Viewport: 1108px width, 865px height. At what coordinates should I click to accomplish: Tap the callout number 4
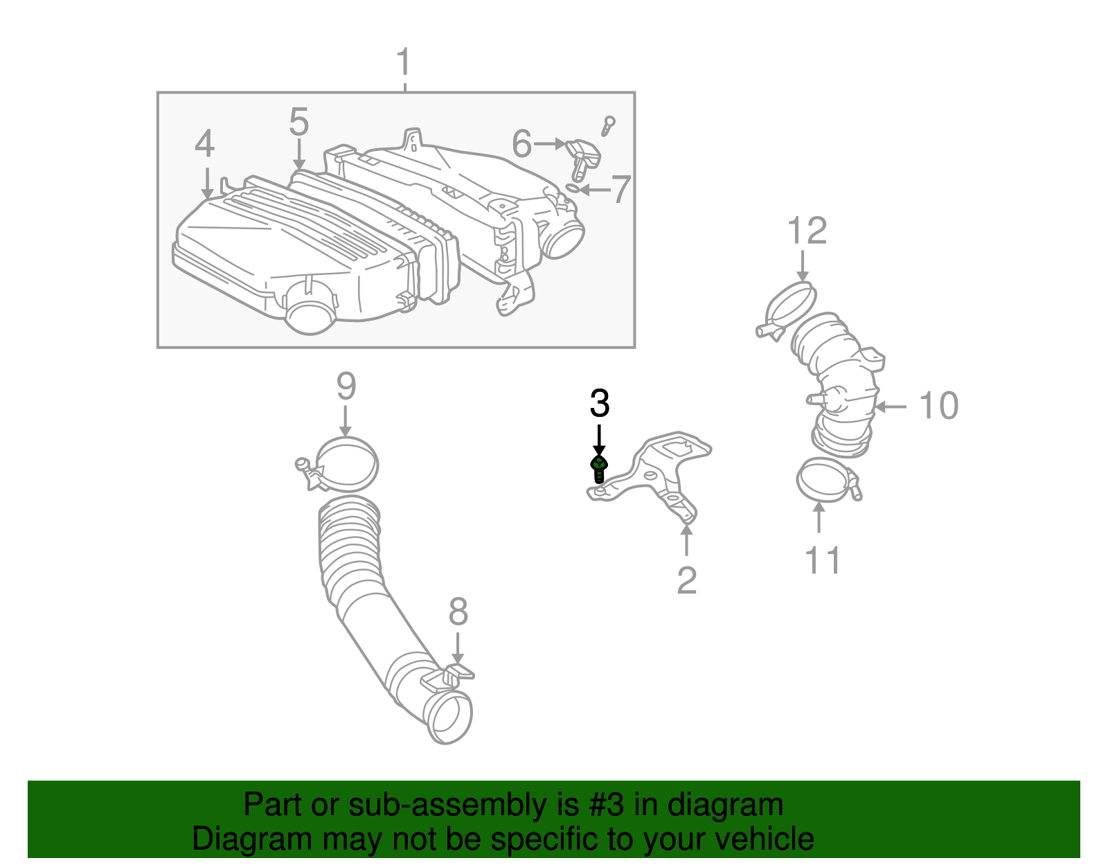[204, 145]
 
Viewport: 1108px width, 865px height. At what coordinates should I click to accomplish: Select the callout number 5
[298, 123]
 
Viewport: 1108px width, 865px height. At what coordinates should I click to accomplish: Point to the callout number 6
[521, 144]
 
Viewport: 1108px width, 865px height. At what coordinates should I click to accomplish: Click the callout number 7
[620, 189]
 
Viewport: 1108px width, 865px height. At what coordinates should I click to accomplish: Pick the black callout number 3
[600, 404]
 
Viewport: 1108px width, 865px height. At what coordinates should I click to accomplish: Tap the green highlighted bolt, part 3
[599, 469]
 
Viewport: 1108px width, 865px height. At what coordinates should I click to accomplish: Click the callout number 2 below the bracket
[686, 580]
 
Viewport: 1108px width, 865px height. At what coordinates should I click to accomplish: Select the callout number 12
[807, 231]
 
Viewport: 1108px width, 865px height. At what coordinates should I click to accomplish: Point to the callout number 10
[938, 406]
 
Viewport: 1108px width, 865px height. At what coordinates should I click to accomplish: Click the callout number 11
[823, 560]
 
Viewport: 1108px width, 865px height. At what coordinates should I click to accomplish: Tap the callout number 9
[346, 386]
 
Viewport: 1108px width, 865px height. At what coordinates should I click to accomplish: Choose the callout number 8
[458, 612]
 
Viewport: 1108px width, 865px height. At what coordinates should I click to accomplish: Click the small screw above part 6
[608, 125]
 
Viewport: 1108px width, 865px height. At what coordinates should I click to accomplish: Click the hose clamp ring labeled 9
[346, 463]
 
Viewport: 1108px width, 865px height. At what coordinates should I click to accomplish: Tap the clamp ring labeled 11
[824, 479]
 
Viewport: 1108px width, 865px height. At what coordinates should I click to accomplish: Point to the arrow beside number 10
[891, 407]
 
